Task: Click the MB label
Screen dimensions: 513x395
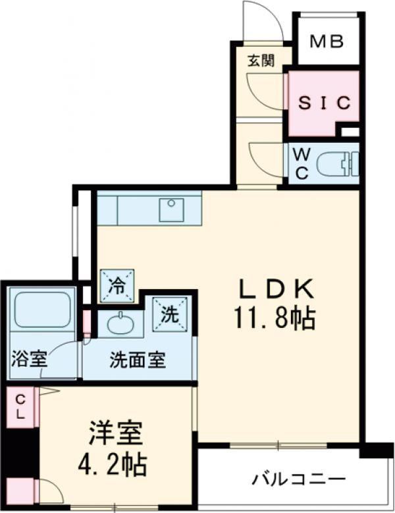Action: (327, 42)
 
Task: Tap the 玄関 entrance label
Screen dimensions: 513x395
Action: (260, 62)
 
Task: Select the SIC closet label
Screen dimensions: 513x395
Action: (324, 103)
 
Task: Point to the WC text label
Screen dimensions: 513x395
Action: (300, 164)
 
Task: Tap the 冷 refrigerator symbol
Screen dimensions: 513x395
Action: (117, 285)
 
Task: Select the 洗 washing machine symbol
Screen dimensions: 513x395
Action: (170, 313)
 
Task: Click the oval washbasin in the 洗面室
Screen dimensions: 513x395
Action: (120, 324)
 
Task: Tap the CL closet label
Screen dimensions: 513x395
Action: (20, 406)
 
